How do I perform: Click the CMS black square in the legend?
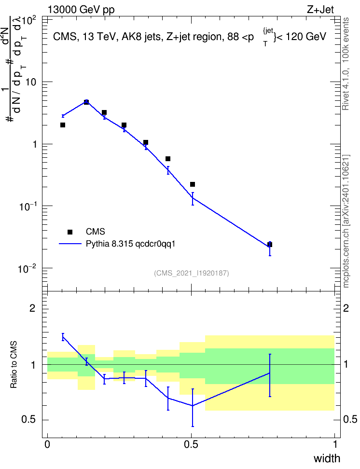pos(70,232)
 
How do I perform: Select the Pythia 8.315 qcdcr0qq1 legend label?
pos(130,244)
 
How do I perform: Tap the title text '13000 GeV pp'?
pos(81,10)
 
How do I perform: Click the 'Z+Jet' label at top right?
pos(320,10)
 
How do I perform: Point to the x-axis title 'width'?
pos(327,458)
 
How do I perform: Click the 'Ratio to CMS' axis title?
pos(14,365)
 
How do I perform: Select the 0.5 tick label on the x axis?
pos(191,444)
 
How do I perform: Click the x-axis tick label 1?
pos(335,444)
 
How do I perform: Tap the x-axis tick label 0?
pos(47,444)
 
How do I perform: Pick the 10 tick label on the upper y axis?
pos(31,82)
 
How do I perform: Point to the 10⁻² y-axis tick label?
pos(28,268)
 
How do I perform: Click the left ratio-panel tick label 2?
pos(33,308)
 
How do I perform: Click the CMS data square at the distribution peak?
pos(86,102)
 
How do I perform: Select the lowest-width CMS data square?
pos(63,125)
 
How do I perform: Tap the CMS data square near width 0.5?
pos(193,184)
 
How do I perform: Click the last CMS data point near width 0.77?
pos(270,245)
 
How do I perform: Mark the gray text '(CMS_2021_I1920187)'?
pos(192,273)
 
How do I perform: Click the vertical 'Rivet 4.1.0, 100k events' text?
pos(346,64)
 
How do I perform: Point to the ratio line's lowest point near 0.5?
pos(193,406)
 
